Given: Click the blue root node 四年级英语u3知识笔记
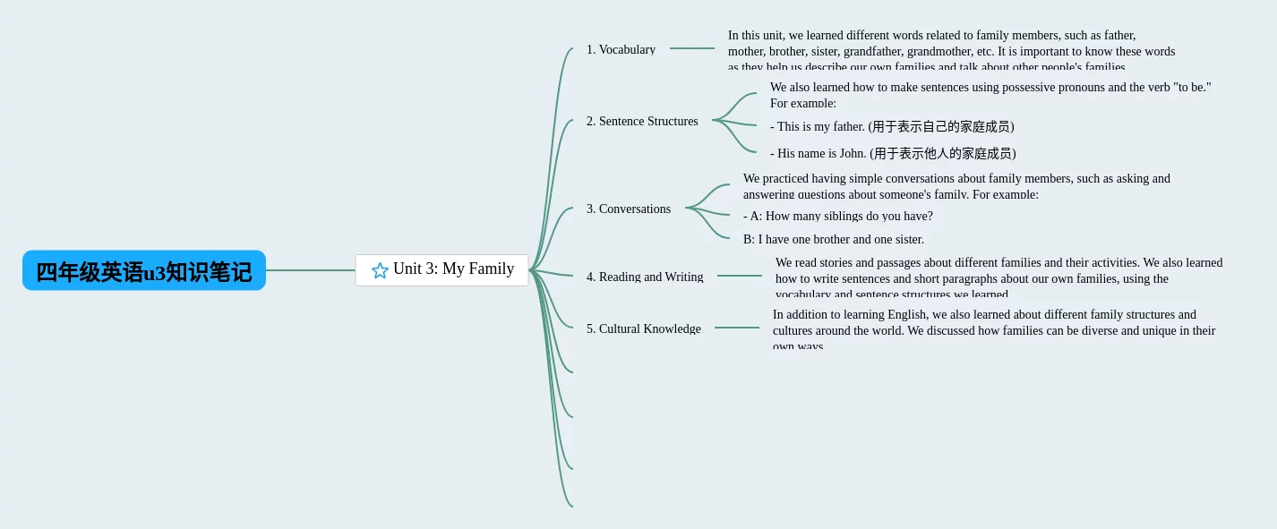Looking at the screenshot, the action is click(144, 271).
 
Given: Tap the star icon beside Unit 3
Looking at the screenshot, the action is click(380, 270).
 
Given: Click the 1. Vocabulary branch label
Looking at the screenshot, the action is click(621, 49).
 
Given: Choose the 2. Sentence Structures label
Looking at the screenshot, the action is click(642, 121).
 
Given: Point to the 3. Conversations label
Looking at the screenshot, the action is click(628, 209).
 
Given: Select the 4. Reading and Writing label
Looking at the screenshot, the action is click(645, 277).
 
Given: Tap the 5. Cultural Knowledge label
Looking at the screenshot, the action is click(643, 328).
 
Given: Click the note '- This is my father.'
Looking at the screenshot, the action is click(892, 126).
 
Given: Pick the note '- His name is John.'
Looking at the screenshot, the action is click(893, 153).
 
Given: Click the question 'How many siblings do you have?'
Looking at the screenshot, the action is click(837, 216).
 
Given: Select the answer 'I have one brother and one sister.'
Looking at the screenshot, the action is click(833, 239).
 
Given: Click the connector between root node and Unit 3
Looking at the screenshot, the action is click(310, 270).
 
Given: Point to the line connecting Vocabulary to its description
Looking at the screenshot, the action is click(691, 48).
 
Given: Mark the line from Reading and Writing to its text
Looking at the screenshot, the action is click(739, 276).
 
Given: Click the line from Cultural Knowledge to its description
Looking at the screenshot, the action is click(736, 328).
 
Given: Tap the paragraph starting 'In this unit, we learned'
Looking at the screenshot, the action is click(950, 50).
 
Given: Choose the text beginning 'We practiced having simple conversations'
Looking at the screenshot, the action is click(956, 185).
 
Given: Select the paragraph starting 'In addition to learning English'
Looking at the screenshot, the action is click(993, 328).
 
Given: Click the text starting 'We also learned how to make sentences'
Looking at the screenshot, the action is click(990, 93).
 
